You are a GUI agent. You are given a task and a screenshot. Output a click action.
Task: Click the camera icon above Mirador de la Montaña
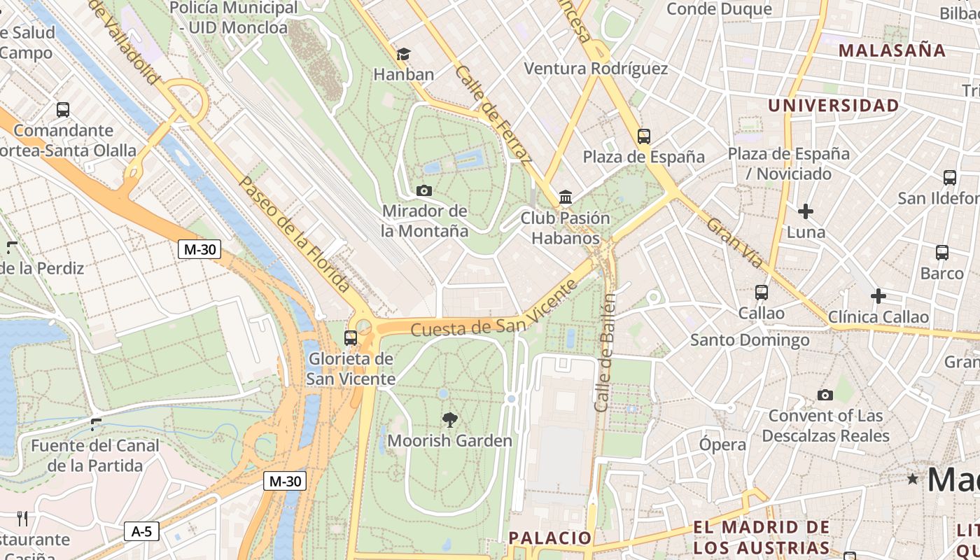423,190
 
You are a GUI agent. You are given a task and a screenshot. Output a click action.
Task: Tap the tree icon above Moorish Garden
450,420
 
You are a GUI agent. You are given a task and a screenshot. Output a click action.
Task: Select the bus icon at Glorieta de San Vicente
351,338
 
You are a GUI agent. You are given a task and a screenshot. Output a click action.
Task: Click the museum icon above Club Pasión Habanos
566,197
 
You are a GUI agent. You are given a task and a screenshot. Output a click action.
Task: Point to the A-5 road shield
141,532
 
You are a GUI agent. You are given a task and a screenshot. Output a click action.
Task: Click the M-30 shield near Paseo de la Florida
199,249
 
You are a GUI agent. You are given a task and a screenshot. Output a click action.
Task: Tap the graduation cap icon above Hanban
403,54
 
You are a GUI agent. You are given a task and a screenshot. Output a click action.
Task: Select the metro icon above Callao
762,293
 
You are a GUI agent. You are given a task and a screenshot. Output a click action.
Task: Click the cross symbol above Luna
806,211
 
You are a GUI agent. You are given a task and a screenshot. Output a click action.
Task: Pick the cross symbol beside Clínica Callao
878,296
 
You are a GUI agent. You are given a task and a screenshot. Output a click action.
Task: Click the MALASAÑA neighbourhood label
892,50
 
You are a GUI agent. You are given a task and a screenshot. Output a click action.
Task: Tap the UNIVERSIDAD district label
833,106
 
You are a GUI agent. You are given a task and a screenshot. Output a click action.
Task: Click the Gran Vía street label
734,243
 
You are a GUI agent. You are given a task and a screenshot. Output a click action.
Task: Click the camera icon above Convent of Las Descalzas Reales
825,395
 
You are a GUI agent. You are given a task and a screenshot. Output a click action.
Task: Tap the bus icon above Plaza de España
644,136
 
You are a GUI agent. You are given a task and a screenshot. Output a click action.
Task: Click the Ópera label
722,444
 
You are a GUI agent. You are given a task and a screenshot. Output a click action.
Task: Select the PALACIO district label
550,538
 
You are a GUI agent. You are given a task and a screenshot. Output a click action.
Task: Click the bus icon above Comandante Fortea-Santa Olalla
63,110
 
